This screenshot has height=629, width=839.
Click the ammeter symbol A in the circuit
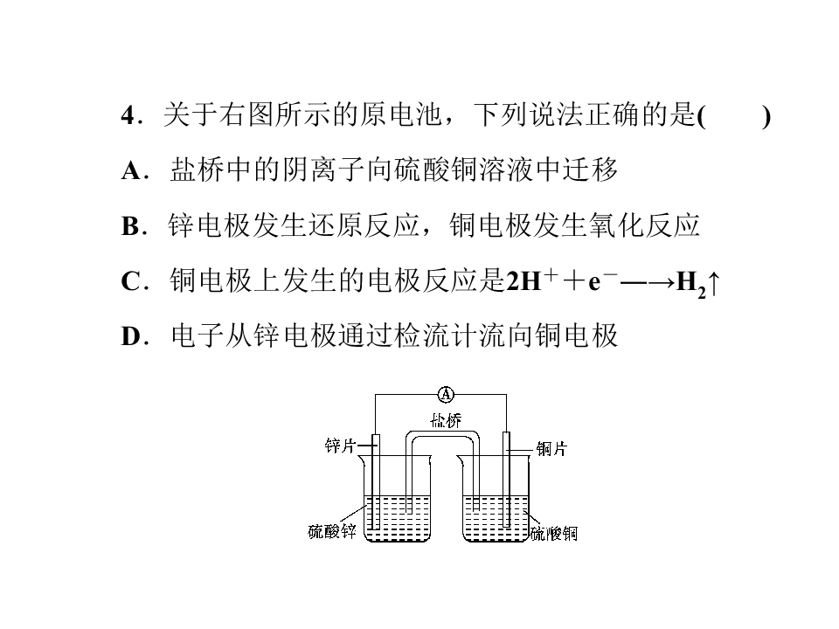pos(446,395)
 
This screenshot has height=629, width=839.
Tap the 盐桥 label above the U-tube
pos(446,420)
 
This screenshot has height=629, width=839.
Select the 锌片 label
pos(340,445)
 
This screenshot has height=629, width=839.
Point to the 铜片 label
pos(551,448)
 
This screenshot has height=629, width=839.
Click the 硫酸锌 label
pos(332,531)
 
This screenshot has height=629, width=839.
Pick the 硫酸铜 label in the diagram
pos(554,533)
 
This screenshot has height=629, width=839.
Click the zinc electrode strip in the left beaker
pos(376,482)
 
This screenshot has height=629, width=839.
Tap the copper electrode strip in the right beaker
pos(506,480)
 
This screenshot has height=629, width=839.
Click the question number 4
pos(128,115)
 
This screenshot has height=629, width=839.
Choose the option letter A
pos(131,171)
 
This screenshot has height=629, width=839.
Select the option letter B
pos(130,227)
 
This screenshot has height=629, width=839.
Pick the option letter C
pos(131,282)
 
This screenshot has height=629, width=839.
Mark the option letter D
pos(131,337)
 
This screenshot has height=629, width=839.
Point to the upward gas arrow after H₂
pos(714,283)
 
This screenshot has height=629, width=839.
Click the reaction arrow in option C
pos(647,282)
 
